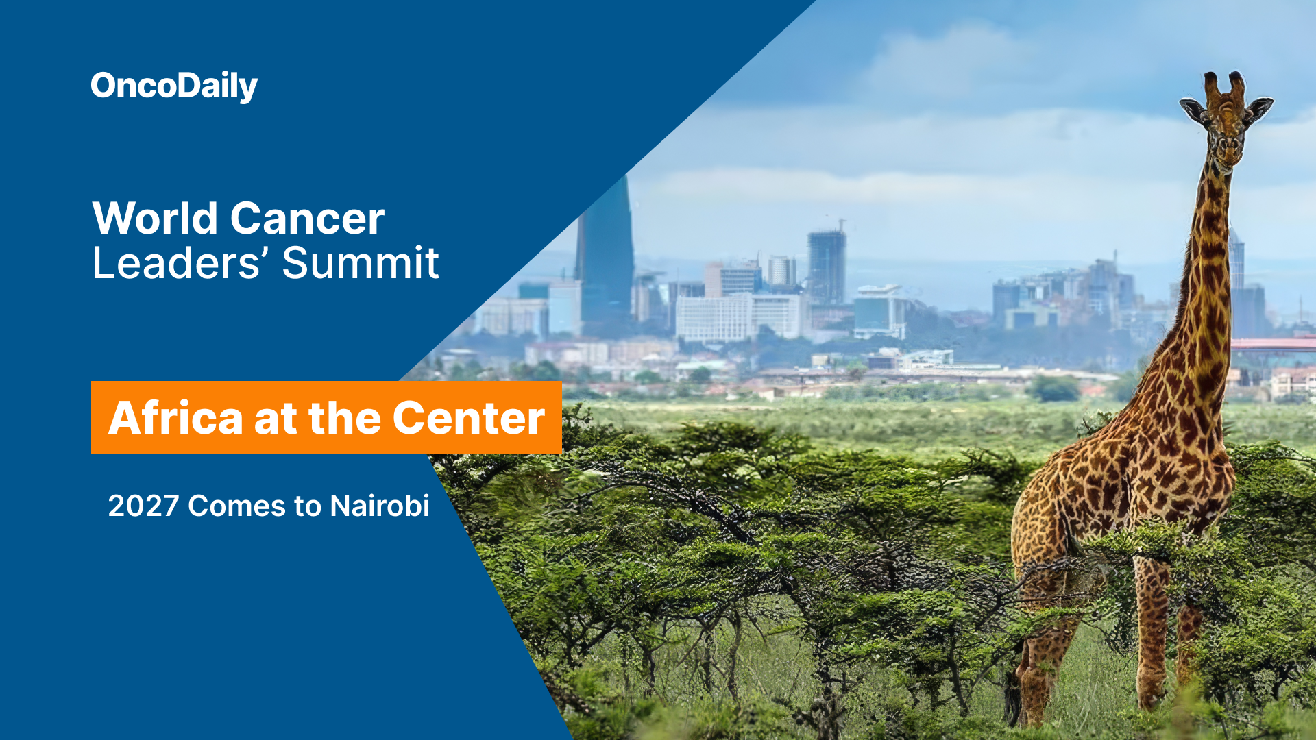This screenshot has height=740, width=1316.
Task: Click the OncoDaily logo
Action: pos(174,86)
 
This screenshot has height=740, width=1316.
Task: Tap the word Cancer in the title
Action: pos(307,219)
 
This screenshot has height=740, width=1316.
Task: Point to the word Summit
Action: pos(361,263)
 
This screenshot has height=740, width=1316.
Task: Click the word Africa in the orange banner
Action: pos(175,418)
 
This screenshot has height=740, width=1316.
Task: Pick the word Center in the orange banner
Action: pos(469,418)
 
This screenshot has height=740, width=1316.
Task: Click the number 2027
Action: pos(143,506)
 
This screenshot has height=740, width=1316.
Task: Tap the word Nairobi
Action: pos(380,506)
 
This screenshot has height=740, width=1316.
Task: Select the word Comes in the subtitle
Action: pos(236,506)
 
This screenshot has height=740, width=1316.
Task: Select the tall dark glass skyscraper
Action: pos(606,254)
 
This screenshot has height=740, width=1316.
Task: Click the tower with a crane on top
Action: pos(827,264)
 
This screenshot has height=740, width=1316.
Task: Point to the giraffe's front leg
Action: pos(1152,630)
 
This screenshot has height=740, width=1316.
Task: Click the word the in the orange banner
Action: pos(345,418)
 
